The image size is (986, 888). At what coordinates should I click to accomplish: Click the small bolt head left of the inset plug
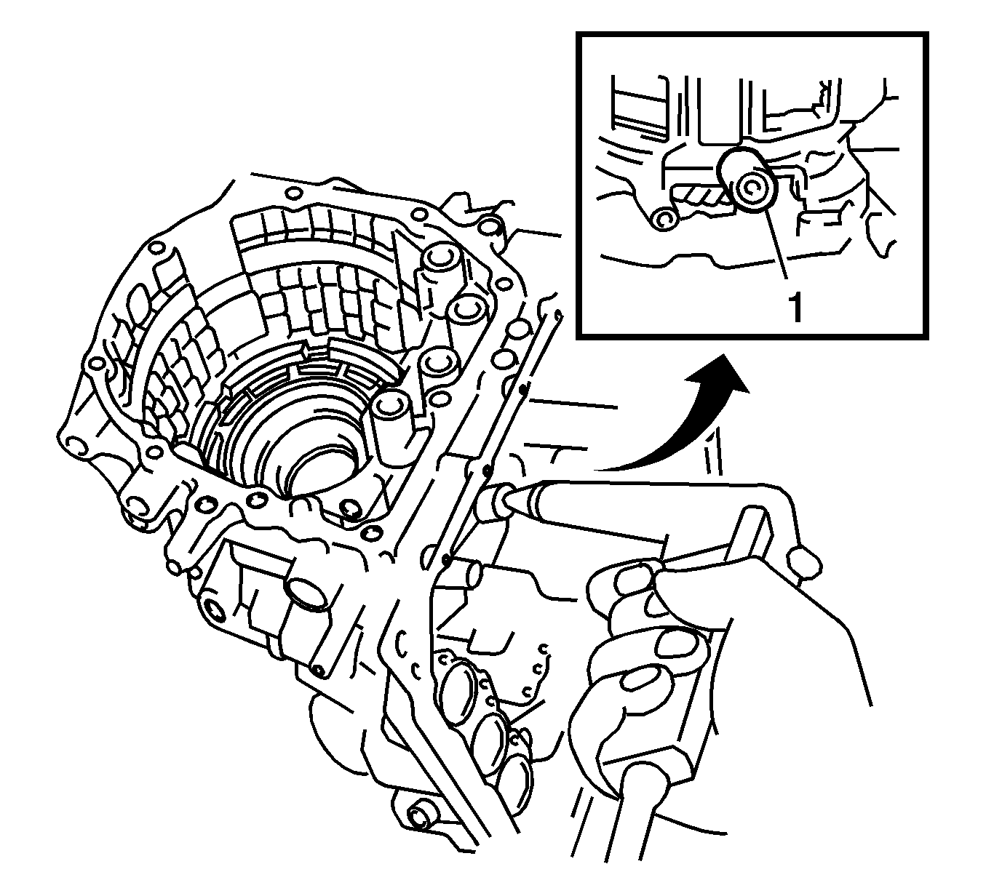tap(664, 219)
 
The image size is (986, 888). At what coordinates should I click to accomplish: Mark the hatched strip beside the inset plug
tap(702, 196)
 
